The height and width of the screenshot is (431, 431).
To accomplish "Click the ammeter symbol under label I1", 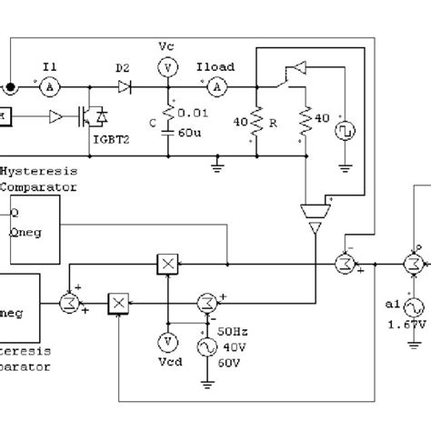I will (x=52, y=86).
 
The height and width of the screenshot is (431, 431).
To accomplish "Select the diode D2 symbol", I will (x=125, y=86).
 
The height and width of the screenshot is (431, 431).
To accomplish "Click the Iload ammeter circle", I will (x=216, y=86).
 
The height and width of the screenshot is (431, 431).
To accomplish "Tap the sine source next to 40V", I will (x=205, y=346).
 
